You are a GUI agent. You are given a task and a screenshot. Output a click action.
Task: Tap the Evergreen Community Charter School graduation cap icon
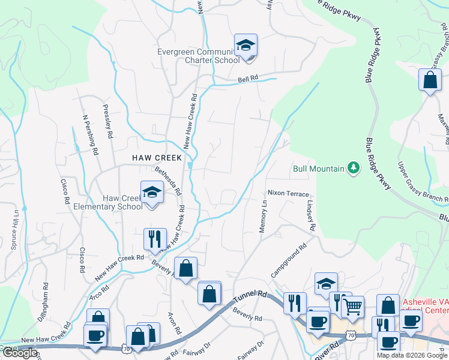246,46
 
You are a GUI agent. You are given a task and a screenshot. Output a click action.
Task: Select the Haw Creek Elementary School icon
152,193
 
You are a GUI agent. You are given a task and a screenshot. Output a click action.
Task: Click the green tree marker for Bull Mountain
354,169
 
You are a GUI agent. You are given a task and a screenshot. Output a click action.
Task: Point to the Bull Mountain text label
318,169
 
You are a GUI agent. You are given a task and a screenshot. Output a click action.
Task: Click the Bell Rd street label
247,79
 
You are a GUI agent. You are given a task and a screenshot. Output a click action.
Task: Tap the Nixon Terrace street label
288,194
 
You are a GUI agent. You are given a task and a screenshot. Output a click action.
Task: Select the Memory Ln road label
262,217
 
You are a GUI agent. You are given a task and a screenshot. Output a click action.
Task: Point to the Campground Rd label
288,259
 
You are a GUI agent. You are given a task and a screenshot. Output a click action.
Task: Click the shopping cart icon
352,307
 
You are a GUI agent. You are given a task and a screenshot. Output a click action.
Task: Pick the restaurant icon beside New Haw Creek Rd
154,239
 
